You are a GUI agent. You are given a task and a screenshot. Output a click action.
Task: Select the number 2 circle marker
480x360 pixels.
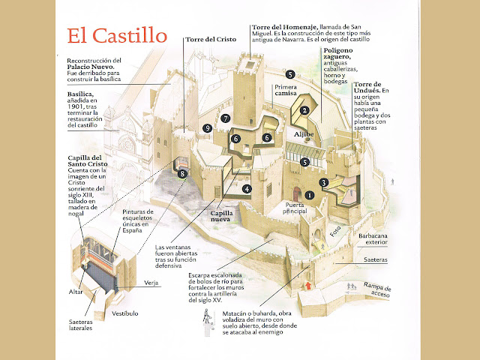[304, 110]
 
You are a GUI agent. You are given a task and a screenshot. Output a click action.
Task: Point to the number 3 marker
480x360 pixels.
[323, 182]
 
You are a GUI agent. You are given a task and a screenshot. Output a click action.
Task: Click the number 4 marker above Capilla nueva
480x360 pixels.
[247, 188]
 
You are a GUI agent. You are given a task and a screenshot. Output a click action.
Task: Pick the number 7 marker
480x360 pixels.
[225, 118]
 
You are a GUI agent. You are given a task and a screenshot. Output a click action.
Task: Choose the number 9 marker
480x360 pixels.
[207, 129]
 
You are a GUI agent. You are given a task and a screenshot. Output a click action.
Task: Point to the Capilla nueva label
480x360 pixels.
[222, 217]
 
